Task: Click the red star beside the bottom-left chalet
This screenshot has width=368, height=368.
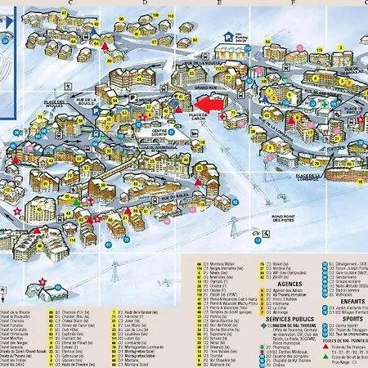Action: (42, 281)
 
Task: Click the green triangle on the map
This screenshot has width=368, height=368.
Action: (76, 200)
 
